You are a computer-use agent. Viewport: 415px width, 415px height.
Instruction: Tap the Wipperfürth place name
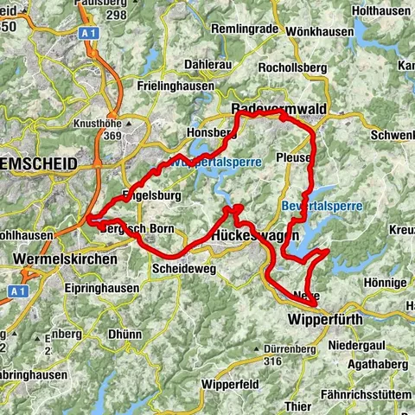click(x=322, y=319)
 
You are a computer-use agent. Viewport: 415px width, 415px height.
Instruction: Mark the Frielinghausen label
click(x=177, y=86)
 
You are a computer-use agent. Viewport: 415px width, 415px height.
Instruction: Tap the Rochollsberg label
click(x=295, y=66)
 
